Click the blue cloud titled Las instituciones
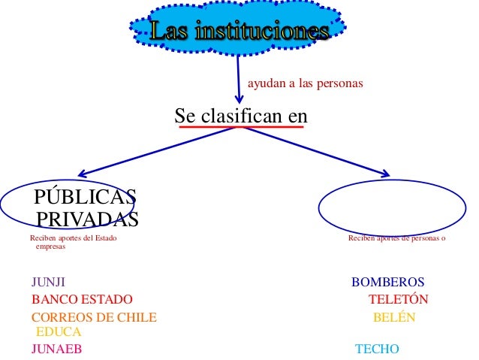click(239, 31)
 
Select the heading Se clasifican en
click(240, 116)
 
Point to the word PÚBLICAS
click(85, 198)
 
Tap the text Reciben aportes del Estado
click(74, 239)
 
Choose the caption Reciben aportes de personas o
click(396, 239)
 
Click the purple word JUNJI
click(48, 283)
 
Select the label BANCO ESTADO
click(82, 299)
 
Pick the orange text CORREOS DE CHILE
click(94, 317)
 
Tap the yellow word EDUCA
click(58, 331)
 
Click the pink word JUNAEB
click(56, 349)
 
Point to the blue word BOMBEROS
click(387, 283)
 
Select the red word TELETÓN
click(398, 299)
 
